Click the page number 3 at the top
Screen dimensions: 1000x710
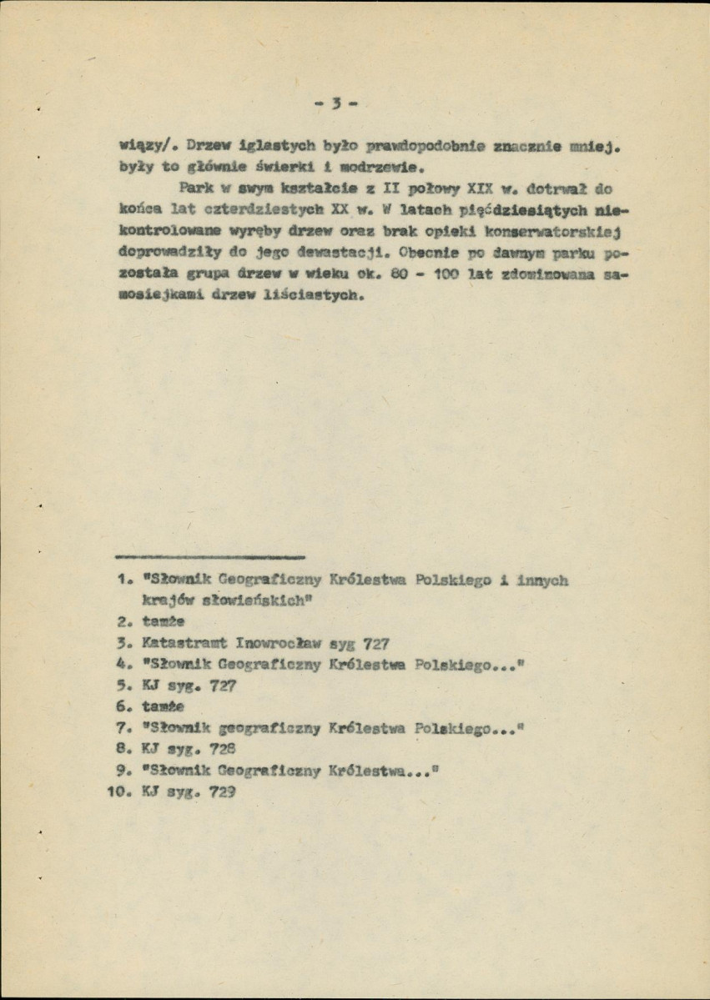pyautogui.click(x=337, y=106)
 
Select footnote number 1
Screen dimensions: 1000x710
pyautogui.click(x=123, y=578)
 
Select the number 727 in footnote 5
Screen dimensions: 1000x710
pyautogui.click(x=223, y=687)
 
